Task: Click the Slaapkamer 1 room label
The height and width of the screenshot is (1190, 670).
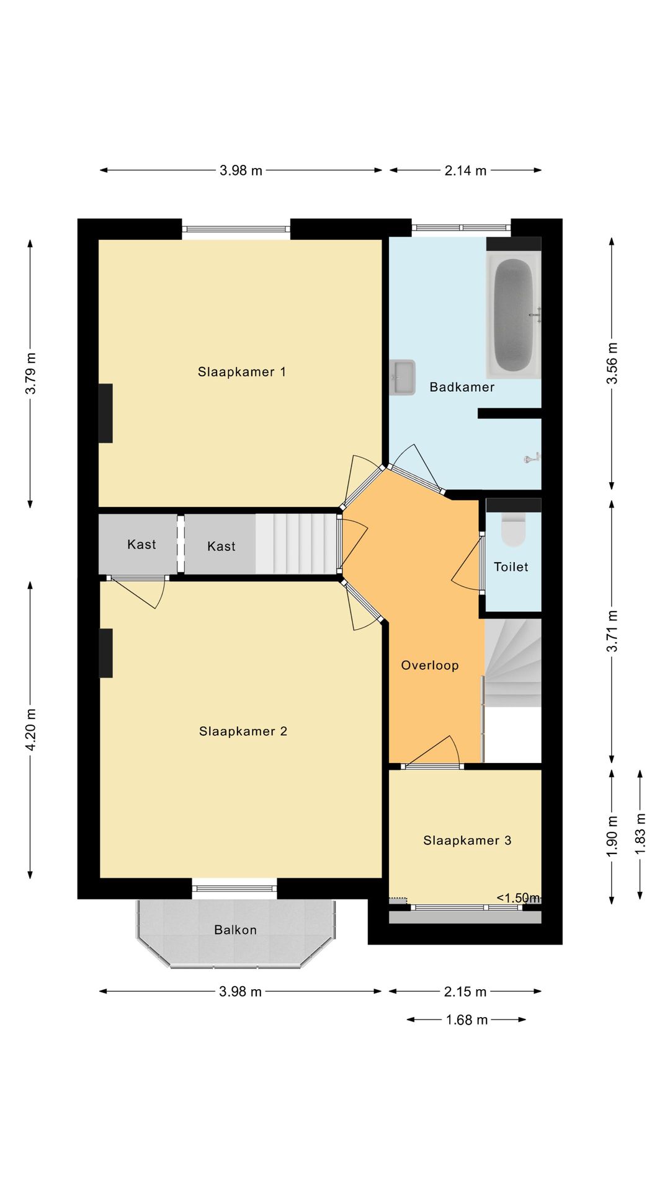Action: point(241,372)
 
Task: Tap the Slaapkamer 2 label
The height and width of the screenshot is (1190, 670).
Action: point(243,731)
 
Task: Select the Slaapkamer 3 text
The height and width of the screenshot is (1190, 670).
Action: point(467,840)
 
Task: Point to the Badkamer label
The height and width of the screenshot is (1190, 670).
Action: point(462,387)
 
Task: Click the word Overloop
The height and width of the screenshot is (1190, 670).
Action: point(430,665)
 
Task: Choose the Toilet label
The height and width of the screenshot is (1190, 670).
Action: point(511,566)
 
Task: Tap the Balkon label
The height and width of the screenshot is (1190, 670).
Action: point(235,930)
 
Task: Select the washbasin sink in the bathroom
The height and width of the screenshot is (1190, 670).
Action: point(402,377)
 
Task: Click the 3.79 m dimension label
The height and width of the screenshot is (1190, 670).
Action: point(30,373)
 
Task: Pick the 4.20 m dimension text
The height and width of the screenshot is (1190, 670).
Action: point(30,729)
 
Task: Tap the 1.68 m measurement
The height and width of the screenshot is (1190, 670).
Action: point(467,1020)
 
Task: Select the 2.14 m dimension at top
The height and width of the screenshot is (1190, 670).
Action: point(465,170)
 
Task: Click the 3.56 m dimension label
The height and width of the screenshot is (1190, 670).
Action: point(612,363)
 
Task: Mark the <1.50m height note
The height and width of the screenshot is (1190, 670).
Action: point(519,897)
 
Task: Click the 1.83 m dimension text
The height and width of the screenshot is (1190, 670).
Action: point(640,834)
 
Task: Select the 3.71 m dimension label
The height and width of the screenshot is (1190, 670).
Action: point(612,631)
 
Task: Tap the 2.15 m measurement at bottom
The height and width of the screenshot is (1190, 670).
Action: point(465,992)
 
